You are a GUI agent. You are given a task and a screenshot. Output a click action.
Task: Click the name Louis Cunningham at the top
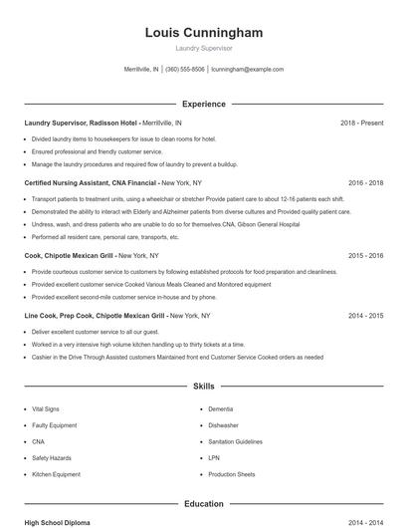click(x=203, y=33)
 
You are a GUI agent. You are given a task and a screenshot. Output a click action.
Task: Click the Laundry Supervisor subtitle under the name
click(x=203, y=48)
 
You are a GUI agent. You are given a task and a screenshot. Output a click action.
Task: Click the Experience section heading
click(x=203, y=104)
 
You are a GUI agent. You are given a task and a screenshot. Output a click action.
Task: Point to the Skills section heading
click(x=203, y=385)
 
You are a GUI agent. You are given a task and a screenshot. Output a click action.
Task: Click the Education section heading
click(x=203, y=504)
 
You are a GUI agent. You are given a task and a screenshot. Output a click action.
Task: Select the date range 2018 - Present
click(x=361, y=123)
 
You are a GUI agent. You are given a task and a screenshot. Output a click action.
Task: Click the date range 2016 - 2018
click(x=365, y=183)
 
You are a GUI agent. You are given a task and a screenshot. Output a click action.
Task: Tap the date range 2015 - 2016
click(x=365, y=255)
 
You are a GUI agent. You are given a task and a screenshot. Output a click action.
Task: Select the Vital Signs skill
click(x=47, y=408)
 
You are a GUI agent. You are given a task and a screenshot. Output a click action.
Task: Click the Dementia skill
click(x=221, y=408)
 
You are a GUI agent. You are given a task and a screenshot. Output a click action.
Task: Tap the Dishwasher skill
click(x=223, y=425)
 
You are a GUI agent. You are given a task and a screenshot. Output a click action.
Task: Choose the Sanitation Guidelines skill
click(x=235, y=441)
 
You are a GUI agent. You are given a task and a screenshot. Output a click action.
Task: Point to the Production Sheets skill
click(x=232, y=474)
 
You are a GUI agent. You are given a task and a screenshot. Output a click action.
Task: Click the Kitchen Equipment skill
click(x=56, y=474)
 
